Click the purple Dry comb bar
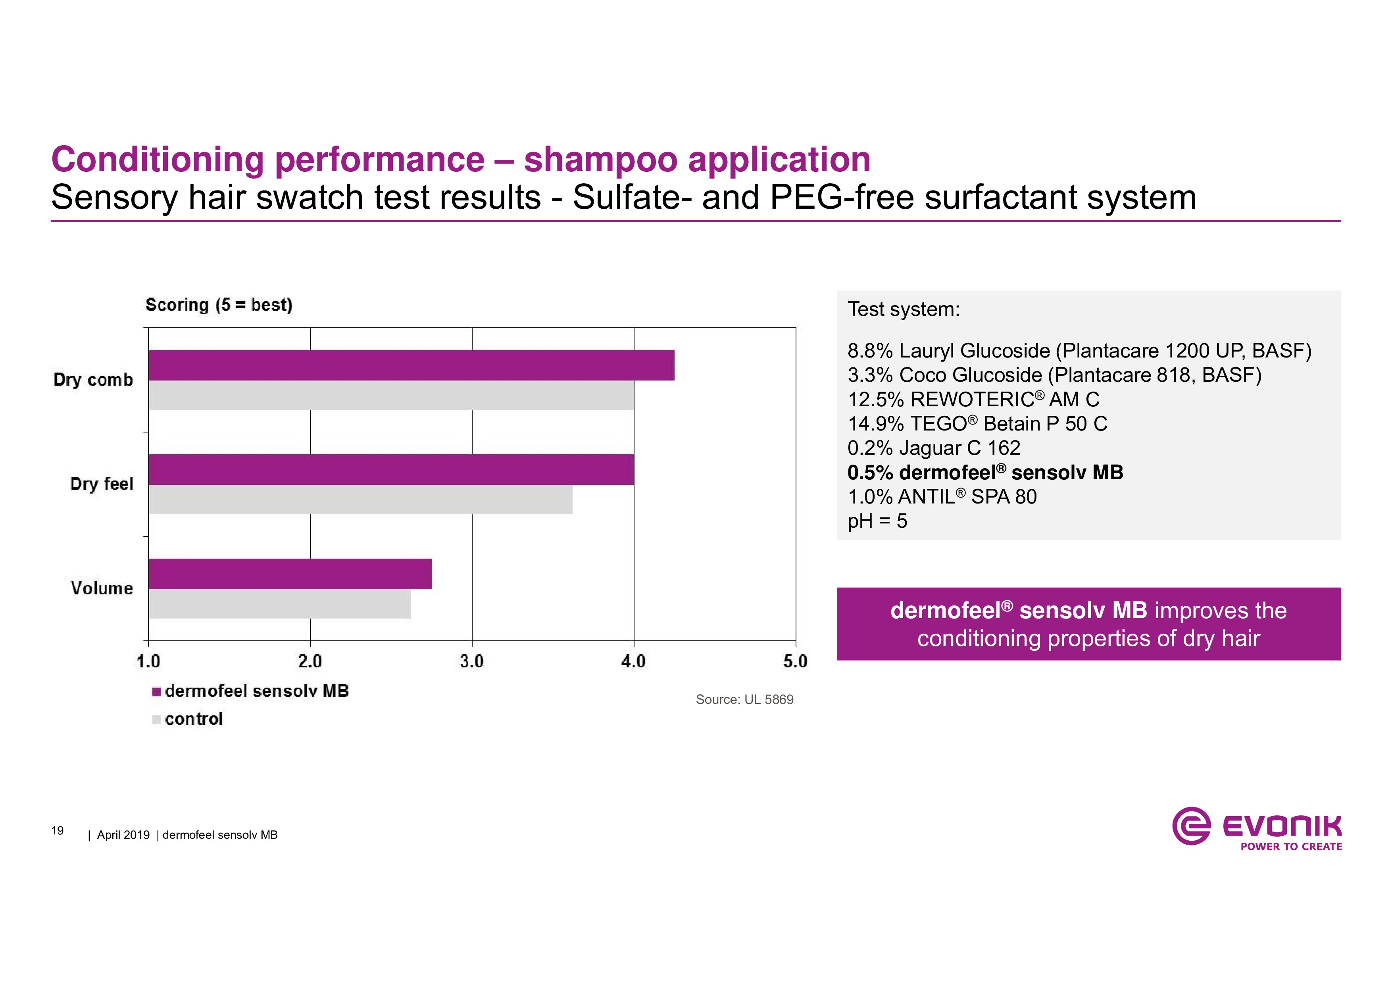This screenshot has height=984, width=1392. point(411,365)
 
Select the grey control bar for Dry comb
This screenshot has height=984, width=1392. point(391,395)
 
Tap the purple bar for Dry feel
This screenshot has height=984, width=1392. point(391,469)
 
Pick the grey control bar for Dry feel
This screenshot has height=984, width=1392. point(361,500)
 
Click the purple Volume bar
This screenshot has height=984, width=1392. point(290,574)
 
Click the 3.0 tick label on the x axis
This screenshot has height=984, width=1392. point(472,661)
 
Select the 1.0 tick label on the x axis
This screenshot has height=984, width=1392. point(148,661)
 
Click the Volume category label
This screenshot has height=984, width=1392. point(102,588)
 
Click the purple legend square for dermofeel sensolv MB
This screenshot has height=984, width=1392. point(156,692)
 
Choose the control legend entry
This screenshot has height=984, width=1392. point(188,719)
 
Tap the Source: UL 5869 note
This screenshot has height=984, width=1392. point(744,700)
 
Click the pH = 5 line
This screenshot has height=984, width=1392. point(877,521)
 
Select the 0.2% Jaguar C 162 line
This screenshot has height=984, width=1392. point(934,448)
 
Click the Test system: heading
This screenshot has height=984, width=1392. point(904,309)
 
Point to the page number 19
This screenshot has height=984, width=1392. point(58,830)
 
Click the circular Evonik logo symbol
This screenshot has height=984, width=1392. point(1191,825)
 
